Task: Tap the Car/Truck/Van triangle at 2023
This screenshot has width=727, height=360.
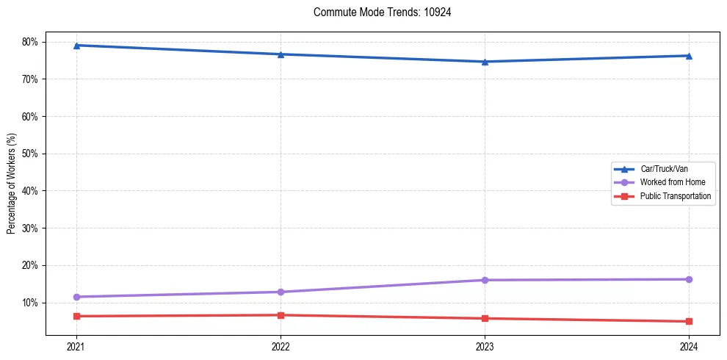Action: pos(485,62)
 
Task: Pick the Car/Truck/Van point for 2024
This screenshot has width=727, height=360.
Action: pos(689,56)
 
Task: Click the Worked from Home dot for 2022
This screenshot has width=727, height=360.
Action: pos(281,292)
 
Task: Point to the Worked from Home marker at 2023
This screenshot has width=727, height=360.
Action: pos(485,280)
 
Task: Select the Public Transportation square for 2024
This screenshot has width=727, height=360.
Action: pos(689,321)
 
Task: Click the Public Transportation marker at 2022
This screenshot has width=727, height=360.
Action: pos(281,315)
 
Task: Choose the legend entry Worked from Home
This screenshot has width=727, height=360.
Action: pos(668,182)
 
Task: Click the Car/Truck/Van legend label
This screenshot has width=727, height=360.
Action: pos(664,168)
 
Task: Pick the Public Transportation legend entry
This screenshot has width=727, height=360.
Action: pos(675,196)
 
